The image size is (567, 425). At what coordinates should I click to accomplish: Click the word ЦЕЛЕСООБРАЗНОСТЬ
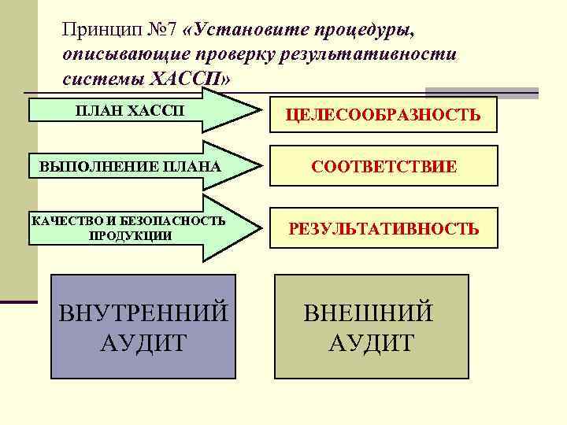(x=383, y=116)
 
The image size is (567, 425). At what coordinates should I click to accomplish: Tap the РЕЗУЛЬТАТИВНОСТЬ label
(x=384, y=228)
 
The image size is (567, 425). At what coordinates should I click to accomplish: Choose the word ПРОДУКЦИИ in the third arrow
(x=130, y=235)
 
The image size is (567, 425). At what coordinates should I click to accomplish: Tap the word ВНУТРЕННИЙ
(x=143, y=312)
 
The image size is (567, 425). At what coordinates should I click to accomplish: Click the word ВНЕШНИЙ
(x=369, y=312)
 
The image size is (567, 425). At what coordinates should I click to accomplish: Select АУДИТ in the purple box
(x=143, y=343)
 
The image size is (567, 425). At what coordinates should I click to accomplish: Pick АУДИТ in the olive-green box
(x=370, y=343)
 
